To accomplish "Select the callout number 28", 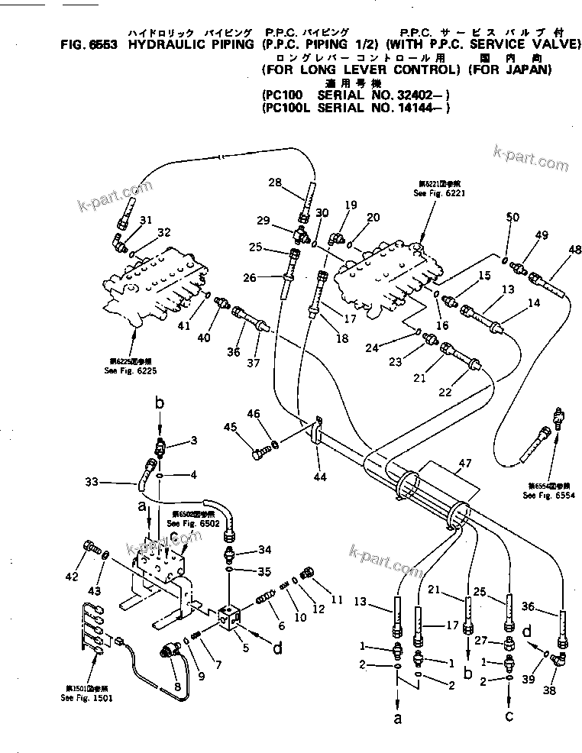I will tap(275, 181).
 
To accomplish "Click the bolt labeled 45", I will tap(257, 455).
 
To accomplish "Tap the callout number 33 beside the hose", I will tap(92, 482).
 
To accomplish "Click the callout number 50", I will tap(512, 218).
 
